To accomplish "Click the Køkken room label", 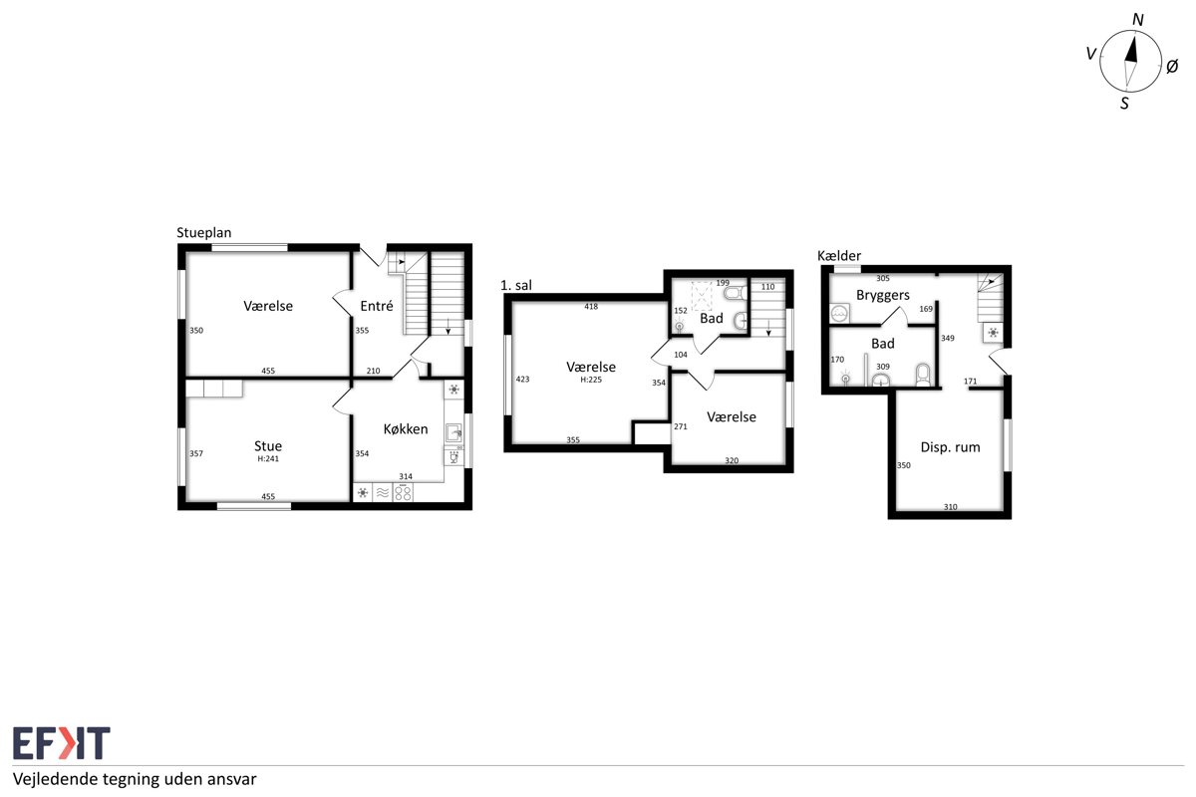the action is (x=406, y=429).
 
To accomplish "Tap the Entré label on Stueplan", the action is (x=377, y=306).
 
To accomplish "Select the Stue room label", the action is (x=268, y=445).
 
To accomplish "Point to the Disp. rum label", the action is (x=951, y=447).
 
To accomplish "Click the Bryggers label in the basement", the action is (x=883, y=296).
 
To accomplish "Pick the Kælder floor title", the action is (x=839, y=256).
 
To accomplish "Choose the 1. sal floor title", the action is (x=516, y=286).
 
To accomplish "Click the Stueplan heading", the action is (x=204, y=233).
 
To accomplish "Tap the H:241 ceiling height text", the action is (x=268, y=458).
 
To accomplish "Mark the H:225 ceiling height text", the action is (x=591, y=380).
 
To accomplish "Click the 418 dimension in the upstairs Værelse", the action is (x=591, y=307).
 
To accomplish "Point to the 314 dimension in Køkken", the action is (x=406, y=476).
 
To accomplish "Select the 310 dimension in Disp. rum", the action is (x=951, y=507).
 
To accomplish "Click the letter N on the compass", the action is (x=1138, y=20).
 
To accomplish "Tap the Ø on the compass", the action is (x=1172, y=67).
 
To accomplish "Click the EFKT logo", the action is (x=62, y=742).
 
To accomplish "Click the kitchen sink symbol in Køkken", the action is (x=453, y=432).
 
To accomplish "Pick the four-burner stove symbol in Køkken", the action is (x=403, y=492).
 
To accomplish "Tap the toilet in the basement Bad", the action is (x=923, y=375).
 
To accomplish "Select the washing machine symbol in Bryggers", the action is (x=840, y=314).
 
